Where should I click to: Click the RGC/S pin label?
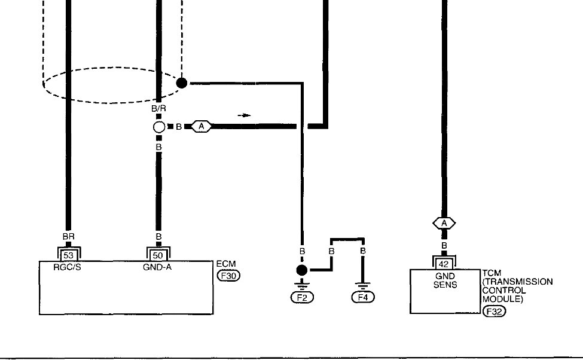click(x=67, y=267)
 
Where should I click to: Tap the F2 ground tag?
click(x=302, y=297)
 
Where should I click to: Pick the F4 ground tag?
click(x=362, y=297)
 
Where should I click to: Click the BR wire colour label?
click(x=68, y=237)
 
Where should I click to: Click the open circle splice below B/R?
click(x=158, y=127)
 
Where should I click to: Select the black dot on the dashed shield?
click(x=182, y=83)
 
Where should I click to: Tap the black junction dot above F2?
click(x=302, y=270)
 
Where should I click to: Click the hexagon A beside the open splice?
click(x=202, y=127)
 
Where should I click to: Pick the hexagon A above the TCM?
click(x=443, y=223)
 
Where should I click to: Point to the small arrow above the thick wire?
click(x=244, y=115)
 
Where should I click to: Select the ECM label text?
click(x=223, y=264)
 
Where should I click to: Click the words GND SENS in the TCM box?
click(x=444, y=280)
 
